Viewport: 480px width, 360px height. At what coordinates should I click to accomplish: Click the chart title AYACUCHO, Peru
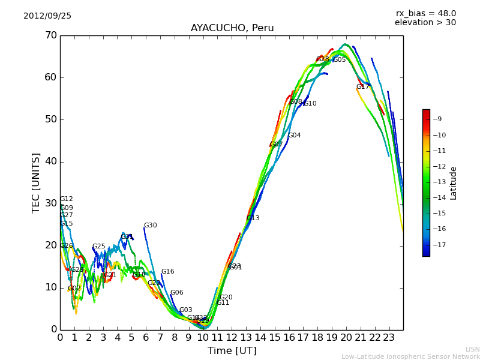pos(232,28)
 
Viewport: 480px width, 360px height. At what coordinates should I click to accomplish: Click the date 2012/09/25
pos(47,16)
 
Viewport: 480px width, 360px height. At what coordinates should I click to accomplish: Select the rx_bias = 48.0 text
pos(425,13)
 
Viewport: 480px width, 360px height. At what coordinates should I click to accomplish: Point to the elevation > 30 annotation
pos(425,23)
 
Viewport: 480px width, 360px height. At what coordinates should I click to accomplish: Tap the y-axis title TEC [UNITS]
pos(36,182)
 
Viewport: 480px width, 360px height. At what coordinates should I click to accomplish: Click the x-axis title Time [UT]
pos(232,351)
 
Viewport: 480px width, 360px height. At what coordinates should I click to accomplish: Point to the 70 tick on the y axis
pos(50,35)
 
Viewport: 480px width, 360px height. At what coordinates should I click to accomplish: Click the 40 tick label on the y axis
pos(50,161)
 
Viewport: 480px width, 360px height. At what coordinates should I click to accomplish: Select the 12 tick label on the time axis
pos(232,337)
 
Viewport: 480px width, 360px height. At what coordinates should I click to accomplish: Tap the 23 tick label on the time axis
pos(389,337)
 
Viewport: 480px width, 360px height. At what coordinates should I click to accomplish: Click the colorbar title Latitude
pos(454,182)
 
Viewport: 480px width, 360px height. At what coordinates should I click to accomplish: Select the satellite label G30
pos(150,226)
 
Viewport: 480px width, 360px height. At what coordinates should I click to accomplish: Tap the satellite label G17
pos(362,87)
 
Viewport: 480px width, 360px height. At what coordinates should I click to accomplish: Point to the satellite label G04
pos(294,136)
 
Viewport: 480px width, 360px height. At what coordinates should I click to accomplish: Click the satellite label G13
pos(253,218)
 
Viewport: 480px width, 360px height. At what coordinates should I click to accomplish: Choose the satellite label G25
pos(98,247)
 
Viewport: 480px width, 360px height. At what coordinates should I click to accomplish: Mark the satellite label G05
pos(340,60)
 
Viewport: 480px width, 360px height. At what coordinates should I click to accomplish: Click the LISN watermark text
pos(472,349)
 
